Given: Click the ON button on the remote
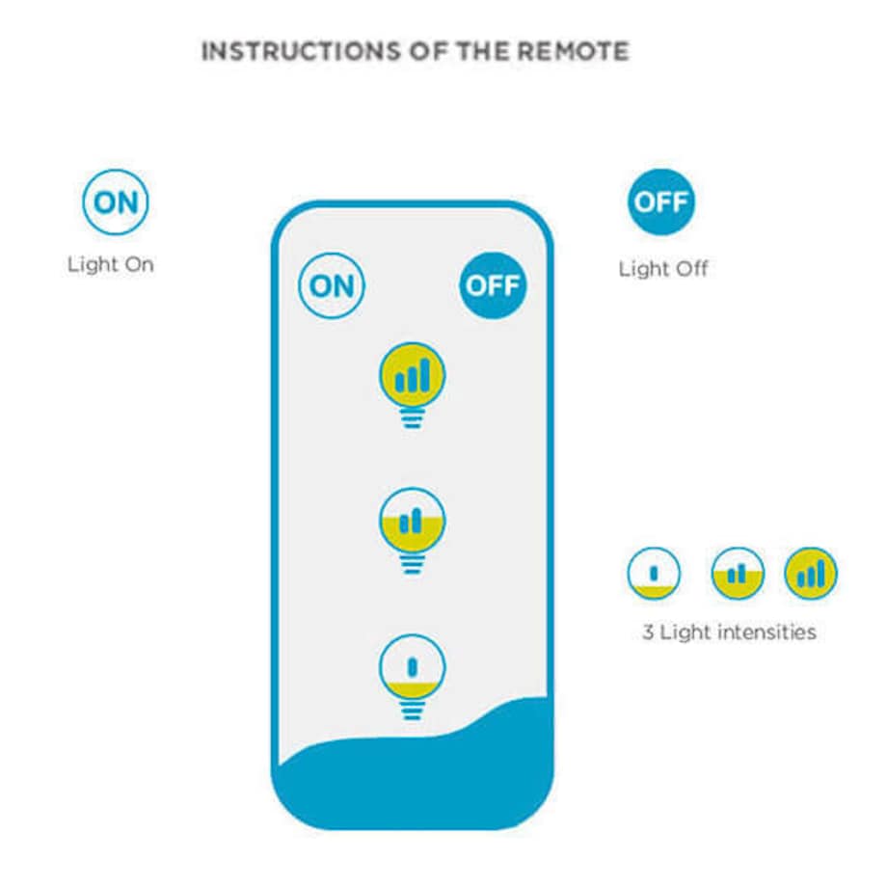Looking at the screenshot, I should click(x=332, y=285).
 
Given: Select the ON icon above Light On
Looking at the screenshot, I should click(x=116, y=203).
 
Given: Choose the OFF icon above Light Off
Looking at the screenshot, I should click(x=660, y=202).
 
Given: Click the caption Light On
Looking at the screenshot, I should click(x=110, y=264).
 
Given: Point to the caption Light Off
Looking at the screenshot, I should click(x=662, y=269).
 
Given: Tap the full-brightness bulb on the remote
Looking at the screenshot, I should click(x=412, y=375).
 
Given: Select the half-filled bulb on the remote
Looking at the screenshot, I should click(x=412, y=521).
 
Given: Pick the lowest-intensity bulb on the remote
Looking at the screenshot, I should click(x=412, y=666).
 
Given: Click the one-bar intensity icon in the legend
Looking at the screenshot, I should click(x=654, y=574).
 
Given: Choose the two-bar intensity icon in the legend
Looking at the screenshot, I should click(x=738, y=574).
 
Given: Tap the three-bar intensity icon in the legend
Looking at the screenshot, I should click(x=811, y=574).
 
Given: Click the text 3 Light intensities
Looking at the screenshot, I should click(x=729, y=632).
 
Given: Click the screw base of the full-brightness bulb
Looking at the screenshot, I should click(x=412, y=417).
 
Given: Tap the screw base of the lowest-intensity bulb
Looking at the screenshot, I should click(x=412, y=711).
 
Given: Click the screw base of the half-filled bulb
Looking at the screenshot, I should click(x=412, y=564).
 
